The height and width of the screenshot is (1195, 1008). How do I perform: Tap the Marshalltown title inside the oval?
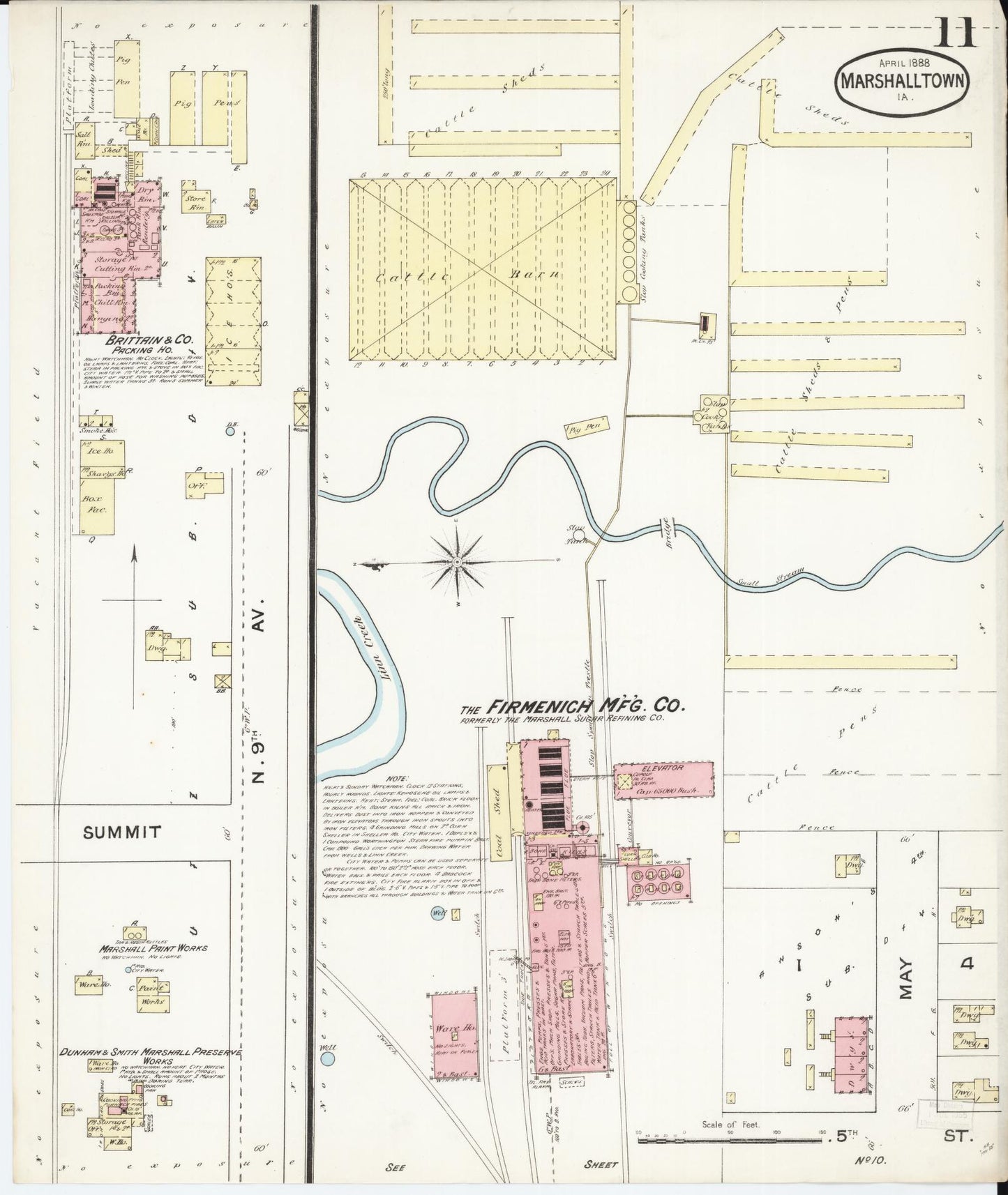click(903, 79)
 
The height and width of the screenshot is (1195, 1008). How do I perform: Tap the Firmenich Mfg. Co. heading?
click(572, 706)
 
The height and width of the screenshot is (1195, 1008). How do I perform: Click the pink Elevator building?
click(663, 779)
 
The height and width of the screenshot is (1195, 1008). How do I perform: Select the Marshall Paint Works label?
click(153, 948)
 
